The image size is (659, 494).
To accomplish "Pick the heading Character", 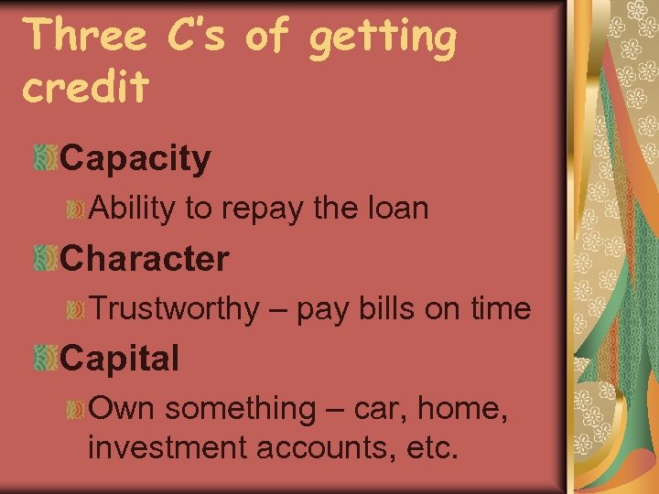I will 144,259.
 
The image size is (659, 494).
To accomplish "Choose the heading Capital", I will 119,359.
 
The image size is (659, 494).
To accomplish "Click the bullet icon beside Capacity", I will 45,158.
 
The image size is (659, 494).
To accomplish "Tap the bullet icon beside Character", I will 45,258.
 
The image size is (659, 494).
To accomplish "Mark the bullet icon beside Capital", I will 45,358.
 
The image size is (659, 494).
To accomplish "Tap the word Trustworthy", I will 174,309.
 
